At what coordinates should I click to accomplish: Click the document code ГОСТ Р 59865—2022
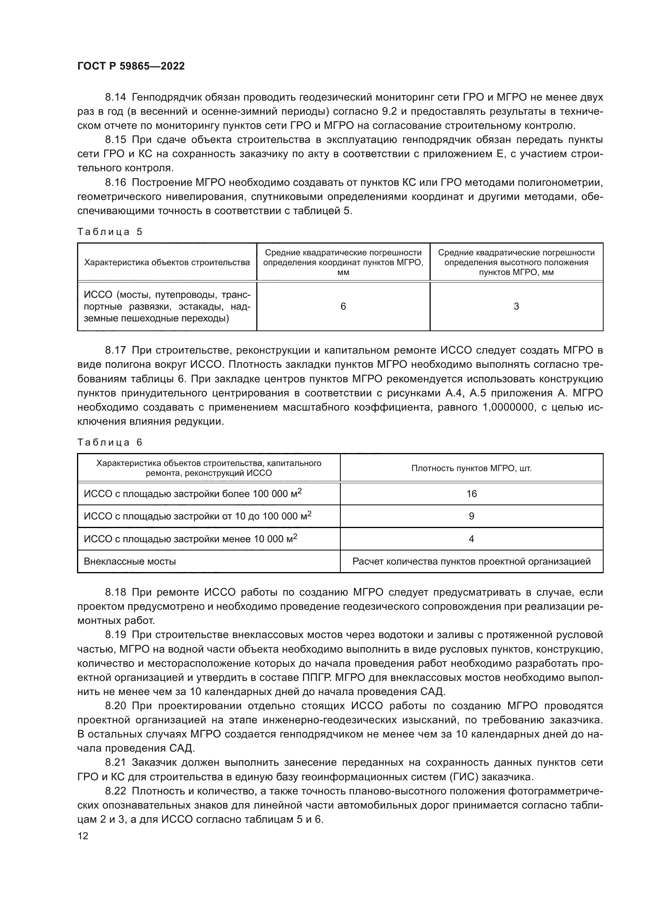(131, 66)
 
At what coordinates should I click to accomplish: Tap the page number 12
(83, 836)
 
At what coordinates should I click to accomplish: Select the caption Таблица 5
(110, 232)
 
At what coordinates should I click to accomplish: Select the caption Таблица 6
(110, 442)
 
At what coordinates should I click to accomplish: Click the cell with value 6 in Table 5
(343, 306)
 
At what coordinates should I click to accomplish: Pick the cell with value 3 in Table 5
(516, 306)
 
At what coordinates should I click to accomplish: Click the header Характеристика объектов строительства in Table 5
(167, 262)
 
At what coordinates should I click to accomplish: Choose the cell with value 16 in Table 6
(472, 494)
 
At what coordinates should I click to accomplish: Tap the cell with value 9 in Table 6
(472, 516)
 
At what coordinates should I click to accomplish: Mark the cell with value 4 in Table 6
(472, 539)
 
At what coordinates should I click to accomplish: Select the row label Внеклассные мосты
(130, 561)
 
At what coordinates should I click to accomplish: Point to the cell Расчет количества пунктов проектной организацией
(472, 561)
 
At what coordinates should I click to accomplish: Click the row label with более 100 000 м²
(192, 494)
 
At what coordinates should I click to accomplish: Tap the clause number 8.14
(115, 97)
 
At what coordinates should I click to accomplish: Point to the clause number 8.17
(115, 350)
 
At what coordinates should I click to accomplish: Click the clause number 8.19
(115, 635)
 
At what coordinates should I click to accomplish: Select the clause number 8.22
(115, 791)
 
